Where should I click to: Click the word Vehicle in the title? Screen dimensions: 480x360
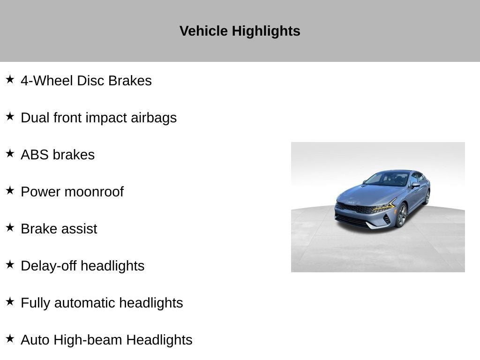(x=203, y=31)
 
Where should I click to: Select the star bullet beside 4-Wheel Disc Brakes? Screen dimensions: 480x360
(x=10, y=79)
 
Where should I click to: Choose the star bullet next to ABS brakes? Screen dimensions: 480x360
(x=10, y=153)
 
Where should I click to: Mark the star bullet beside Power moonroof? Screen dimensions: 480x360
(x=10, y=190)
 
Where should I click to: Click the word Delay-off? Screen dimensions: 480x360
(x=48, y=266)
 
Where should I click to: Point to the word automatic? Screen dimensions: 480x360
(x=85, y=303)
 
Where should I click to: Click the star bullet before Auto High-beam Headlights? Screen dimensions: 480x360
(x=10, y=338)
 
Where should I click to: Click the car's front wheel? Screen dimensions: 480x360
(x=402, y=215)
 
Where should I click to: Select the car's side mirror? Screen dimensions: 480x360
(x=415, y=185)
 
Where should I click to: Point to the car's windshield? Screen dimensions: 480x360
(x=387, y=179)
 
